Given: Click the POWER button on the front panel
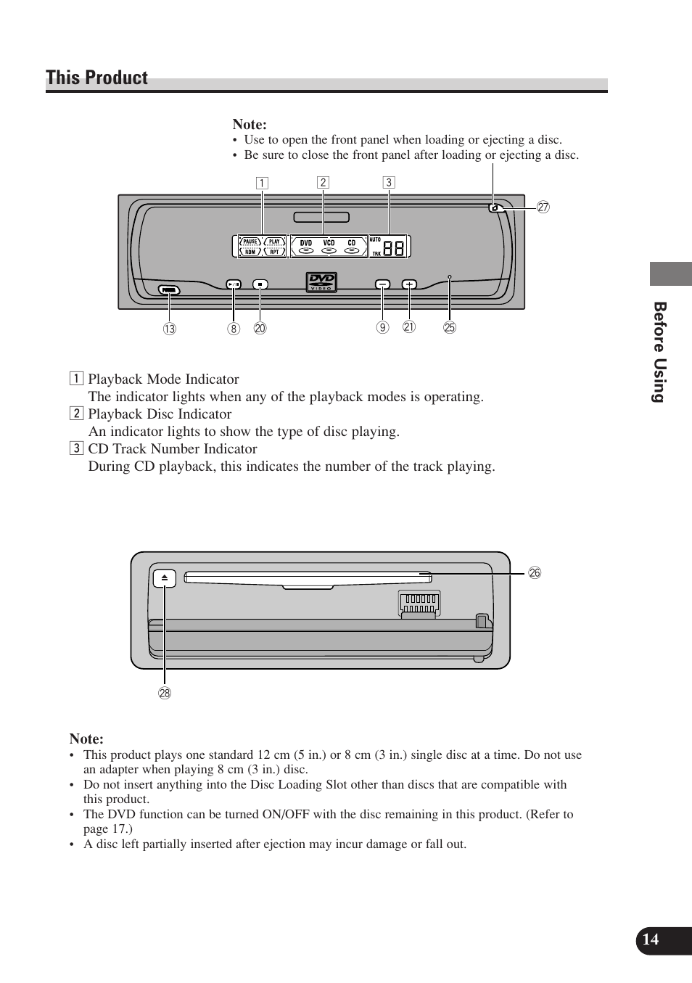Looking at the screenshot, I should click(x=169, y=290).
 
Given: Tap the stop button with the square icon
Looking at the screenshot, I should click(x=260, y=284).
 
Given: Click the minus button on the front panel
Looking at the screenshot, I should click(x=382, y=284).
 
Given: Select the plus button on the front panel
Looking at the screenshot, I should click(x=409, y=284).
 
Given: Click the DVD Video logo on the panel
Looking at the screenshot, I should click(x=321, y=281).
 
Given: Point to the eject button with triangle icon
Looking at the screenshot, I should click(x=165, y=578).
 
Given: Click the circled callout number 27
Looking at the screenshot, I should click(x=543, y=207).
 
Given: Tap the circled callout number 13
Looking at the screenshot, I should click(x=169, y=329).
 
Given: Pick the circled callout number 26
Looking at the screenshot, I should click(x=535, y=573).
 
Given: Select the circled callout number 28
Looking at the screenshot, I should click(x=165, y=693).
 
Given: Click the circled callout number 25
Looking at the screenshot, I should click(x=450, y=328).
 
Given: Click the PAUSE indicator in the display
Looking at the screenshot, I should click(x=250, y=242).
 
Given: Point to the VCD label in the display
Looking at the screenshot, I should click(x=329, y=243).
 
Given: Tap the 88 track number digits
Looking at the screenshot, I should click(x=394, y=248).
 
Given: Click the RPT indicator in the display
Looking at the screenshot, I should click(x=274, y=252).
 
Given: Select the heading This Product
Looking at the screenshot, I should click(x=97, y=78).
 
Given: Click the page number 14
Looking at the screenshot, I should click(x=651, y=939).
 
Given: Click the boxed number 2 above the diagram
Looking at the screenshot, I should click(x=323, y=183).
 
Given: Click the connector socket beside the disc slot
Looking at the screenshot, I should click(x=419, y=602).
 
